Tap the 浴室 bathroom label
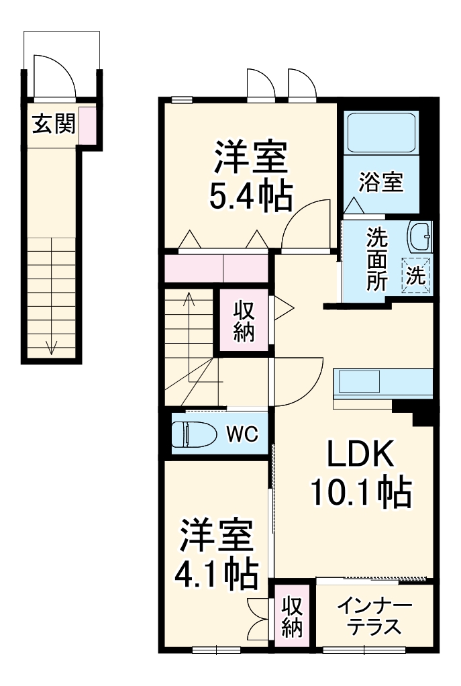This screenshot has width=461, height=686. click(381, 182)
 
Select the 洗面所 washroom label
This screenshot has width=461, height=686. click(376, 259)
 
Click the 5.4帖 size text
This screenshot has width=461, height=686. click(250, 196)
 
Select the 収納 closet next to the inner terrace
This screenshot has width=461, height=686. click(292, 617)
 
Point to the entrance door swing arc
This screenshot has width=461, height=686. click(54, 71)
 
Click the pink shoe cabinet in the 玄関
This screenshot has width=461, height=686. click(87, 124)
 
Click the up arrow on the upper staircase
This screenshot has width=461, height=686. click(190, 299)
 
